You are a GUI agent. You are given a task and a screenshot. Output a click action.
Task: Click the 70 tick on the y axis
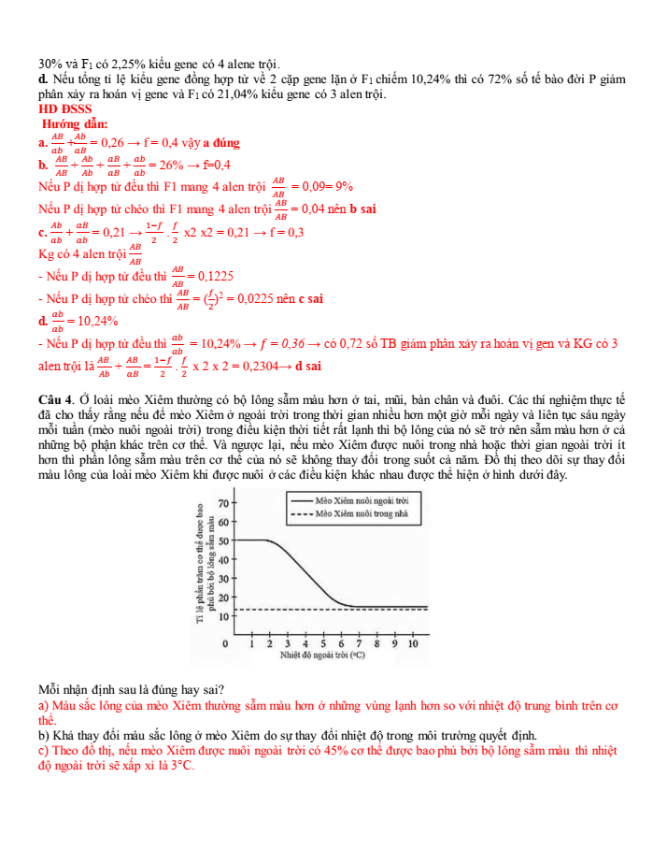coord(223,503)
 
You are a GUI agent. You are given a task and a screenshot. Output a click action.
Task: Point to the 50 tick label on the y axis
coord(223,540)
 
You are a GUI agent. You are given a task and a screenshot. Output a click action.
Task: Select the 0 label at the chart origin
coord(224,644)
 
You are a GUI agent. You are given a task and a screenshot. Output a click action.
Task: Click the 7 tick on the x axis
coord(359,644)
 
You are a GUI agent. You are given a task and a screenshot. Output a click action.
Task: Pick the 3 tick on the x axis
coord(288,644)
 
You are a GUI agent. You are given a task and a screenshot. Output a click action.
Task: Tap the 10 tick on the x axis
coord(413,644)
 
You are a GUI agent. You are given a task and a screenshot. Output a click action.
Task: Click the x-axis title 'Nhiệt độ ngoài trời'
coord(323,655)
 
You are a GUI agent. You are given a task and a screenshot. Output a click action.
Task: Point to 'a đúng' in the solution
coord(221,143)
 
